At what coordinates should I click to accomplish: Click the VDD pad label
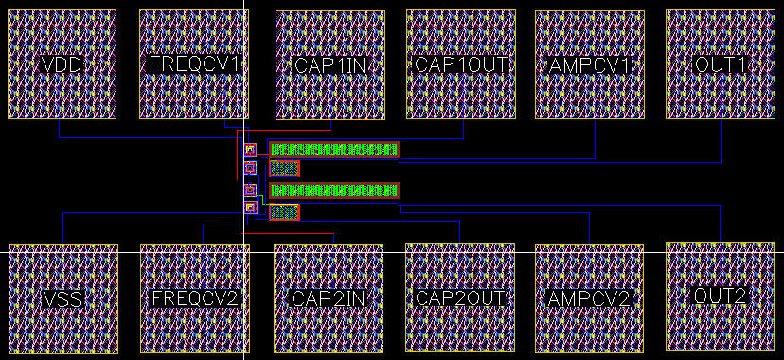click(x=62, y=65)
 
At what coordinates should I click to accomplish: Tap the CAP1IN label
click(x=330, y=65)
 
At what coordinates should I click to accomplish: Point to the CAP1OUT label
click(x=461, y=64)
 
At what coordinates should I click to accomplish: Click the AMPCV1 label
click(x=590, y=65)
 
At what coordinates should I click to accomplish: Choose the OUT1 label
click(x=720, y=65)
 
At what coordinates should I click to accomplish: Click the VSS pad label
click(x=63, y=299)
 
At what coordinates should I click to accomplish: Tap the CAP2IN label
click(x=329, y=298)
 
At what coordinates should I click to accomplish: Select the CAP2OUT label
click(x=460, y=298)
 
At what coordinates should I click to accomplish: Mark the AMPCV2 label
click(x=590, y=299)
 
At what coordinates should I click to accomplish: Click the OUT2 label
click(x=720, y=296)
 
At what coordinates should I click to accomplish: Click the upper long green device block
click(x=334, y=150)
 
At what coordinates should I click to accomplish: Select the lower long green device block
click(x=334, y=190)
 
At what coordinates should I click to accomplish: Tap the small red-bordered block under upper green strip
click(x=284, y=169)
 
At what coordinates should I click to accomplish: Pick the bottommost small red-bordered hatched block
click(x=284, y=212)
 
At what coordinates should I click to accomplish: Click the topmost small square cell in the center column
click(x=250, y=149)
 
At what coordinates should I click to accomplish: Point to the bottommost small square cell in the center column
click(x=250, y=207)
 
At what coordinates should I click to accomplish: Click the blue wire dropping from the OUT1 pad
click(x=721, y=140)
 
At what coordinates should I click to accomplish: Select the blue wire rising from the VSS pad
click(x=63, y=228)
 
